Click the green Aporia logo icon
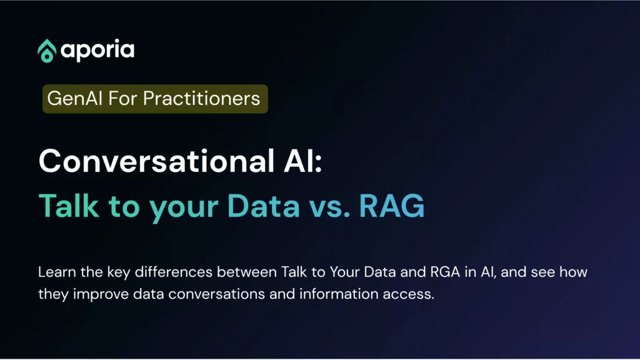point(46,51)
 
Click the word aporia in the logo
point(97,50)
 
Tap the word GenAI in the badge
point(75,98)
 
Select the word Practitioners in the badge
point(202,98)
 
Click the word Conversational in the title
point(156,161)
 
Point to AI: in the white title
point(303,161)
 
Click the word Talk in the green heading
point(69,206)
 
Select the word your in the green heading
point(183,209)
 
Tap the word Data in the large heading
point(264,206)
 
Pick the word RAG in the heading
point(392,206)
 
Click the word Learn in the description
point(57,272)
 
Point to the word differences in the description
point(174,272)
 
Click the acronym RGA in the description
point(445,272)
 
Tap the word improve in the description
point(101,294)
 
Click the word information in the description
point(339,294)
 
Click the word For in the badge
point(123,98)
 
